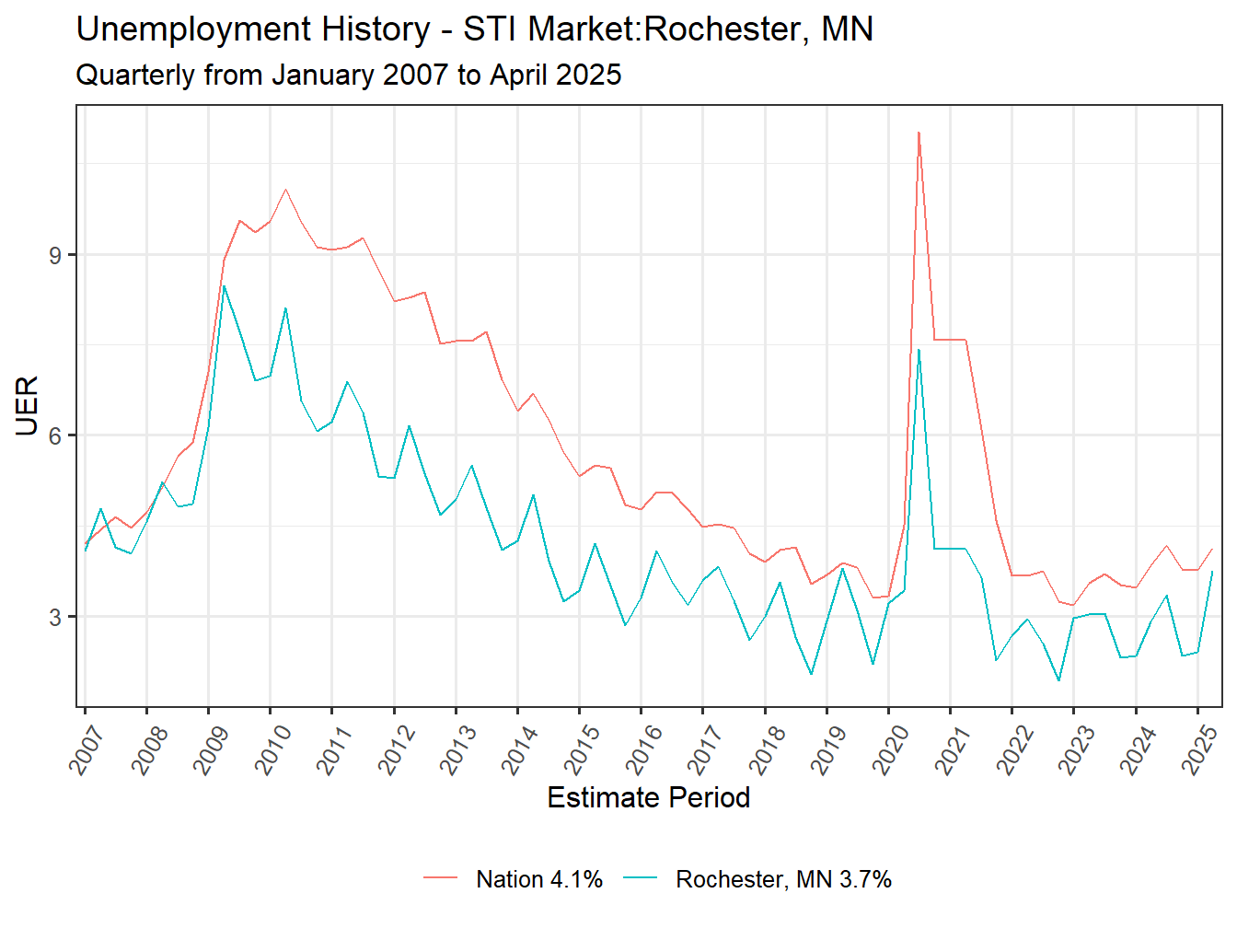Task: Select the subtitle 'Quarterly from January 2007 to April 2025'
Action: coord(348,75)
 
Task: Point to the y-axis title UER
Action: coord(27,405)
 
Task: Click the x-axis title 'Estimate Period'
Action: coord(648,797)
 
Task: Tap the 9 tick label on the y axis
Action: coord(56,255)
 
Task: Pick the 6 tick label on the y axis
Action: coord(56,435)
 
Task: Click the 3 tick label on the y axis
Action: coord(56,617)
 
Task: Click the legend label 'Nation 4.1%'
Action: coord(539,879)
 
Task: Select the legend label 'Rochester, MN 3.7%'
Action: coord(783,879)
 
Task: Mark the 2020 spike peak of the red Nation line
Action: coord(919,133)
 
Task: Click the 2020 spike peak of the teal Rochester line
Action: coord(919,350)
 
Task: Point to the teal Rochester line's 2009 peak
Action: coord(224,286)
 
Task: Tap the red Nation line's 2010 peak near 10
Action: coord(285,190)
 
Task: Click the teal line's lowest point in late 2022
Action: coord(1058,680)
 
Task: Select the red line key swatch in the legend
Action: coord(440,879)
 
